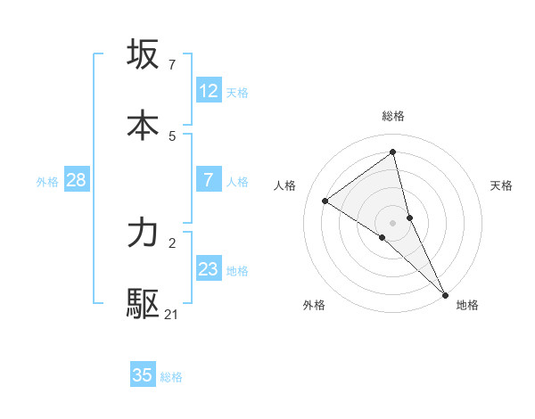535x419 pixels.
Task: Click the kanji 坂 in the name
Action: pos(143,54)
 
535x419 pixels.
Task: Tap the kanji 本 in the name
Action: pos(143,126)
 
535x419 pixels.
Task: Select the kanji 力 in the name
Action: pos(143,233)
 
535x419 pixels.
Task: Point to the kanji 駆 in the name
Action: pos(143,304)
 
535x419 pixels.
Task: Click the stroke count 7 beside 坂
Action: pos(171,65)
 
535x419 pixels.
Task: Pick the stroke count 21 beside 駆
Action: pos(172,314)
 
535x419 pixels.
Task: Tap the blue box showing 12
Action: pos(209,91)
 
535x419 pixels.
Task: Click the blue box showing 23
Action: pos(209,269)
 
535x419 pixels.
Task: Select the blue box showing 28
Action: pos(77,180)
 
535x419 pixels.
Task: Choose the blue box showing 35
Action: pos(143,375)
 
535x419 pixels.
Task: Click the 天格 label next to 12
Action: pos(237,92)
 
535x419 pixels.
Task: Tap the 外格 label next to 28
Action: pos(47,181)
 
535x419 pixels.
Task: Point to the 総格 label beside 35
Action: pos(171,376)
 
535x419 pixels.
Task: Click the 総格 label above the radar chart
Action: pos(393,116)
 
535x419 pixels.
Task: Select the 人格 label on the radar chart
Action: pos(284,185)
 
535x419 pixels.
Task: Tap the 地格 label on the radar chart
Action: pos(467,305)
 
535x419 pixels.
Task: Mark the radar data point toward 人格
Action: pos(325,201)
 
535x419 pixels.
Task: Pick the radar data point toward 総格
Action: pos(393,152)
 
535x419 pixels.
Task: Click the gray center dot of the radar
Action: pos(393,222)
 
